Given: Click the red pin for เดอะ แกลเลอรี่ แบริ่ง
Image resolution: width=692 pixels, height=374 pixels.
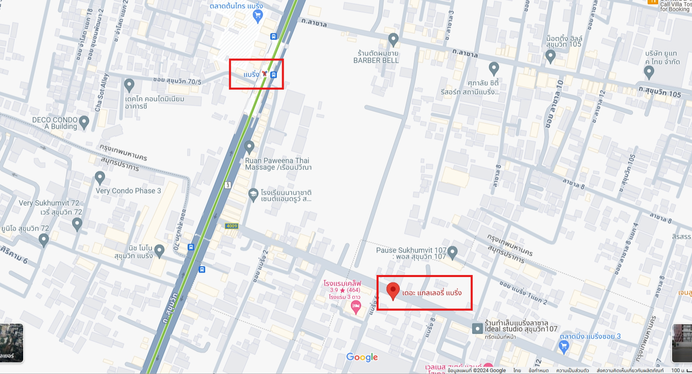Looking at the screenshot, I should coord(393,290).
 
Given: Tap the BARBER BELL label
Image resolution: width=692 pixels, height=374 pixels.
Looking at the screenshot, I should coord(376,60).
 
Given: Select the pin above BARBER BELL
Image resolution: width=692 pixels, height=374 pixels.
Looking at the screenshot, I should coord(393,40).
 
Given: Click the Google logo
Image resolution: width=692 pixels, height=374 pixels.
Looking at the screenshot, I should coord(362,357).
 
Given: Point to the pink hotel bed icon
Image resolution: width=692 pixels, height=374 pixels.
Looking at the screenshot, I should coord(356,307).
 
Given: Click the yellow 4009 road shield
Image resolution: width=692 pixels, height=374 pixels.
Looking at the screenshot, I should coord(232,226).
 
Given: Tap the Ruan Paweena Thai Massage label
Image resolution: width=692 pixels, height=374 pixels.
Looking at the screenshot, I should coord(278,164).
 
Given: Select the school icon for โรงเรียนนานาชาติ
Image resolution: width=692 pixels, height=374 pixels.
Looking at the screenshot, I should coord(253,195).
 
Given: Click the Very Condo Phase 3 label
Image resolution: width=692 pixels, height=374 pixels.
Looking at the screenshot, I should coord(128,191).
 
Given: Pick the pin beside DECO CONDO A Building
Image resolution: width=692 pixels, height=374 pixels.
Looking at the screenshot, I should coord(84,121).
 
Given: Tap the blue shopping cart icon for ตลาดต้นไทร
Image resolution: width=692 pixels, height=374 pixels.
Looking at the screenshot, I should coord(258,16).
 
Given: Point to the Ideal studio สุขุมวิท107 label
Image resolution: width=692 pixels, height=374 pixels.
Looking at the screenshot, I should coord(521,329).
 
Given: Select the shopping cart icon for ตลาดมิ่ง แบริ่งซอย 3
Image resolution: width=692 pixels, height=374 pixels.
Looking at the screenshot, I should coord(564,346).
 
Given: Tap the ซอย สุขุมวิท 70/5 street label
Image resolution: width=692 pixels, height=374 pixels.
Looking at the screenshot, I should coord(177,81).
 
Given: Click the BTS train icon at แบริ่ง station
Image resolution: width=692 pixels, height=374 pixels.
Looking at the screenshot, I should coord(265,74).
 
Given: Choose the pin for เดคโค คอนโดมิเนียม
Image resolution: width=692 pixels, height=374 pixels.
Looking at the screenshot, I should coord(129,85).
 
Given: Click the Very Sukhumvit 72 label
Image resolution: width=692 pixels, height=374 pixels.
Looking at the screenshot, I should coord(50,203).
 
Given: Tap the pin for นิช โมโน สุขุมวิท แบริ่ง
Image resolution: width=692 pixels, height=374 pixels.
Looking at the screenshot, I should coord(159,250).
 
